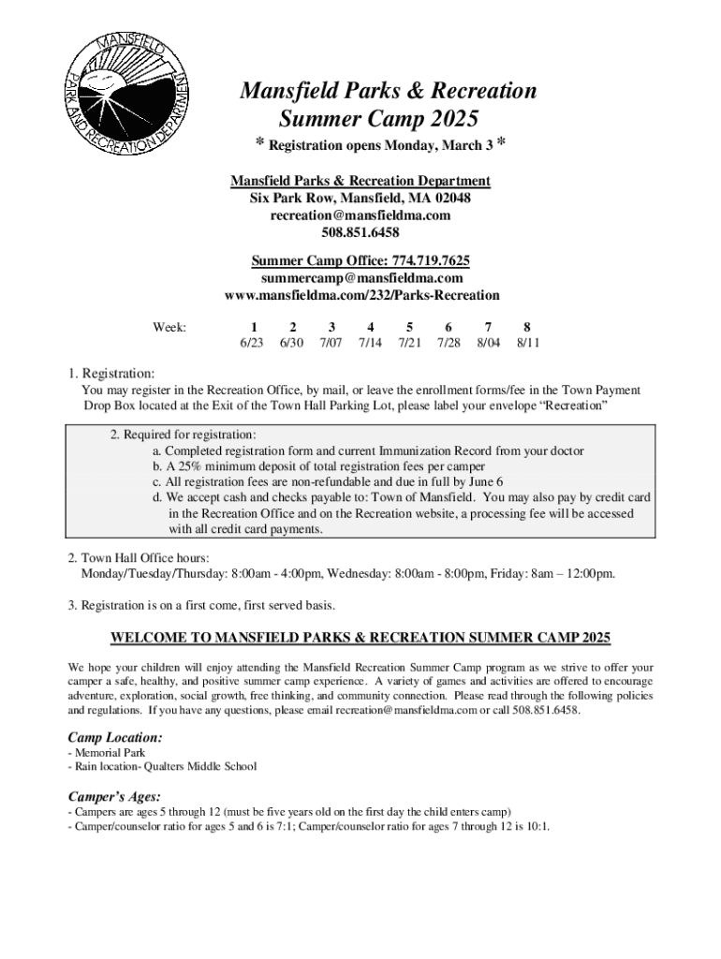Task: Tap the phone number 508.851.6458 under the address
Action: click(360, 232)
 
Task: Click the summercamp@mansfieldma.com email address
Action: click(360, 278)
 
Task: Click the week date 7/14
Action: click(370, 344)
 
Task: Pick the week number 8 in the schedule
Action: click(528, 327)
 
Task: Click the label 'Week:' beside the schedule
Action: click(169, 327)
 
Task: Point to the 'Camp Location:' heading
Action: click(115, 738)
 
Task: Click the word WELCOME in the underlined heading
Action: click(148, 639)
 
